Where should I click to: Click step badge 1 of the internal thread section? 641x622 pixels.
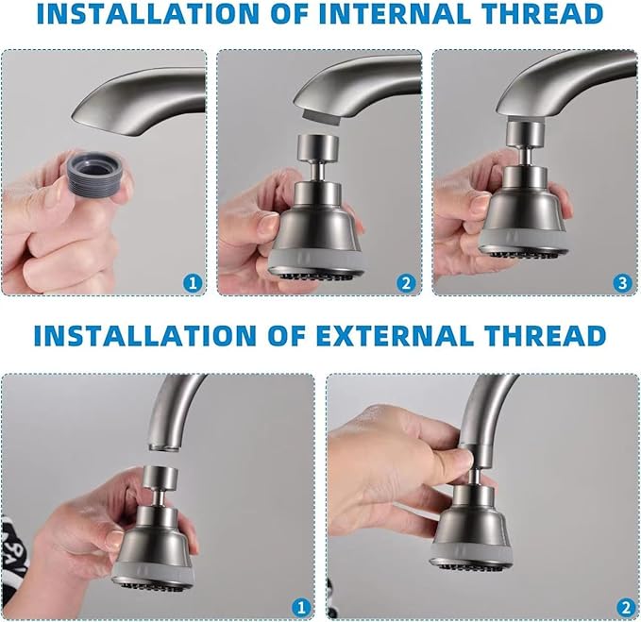click(193, 281)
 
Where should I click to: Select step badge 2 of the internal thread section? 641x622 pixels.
click(407, 281)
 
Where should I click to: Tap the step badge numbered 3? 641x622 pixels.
click(621, 281)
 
